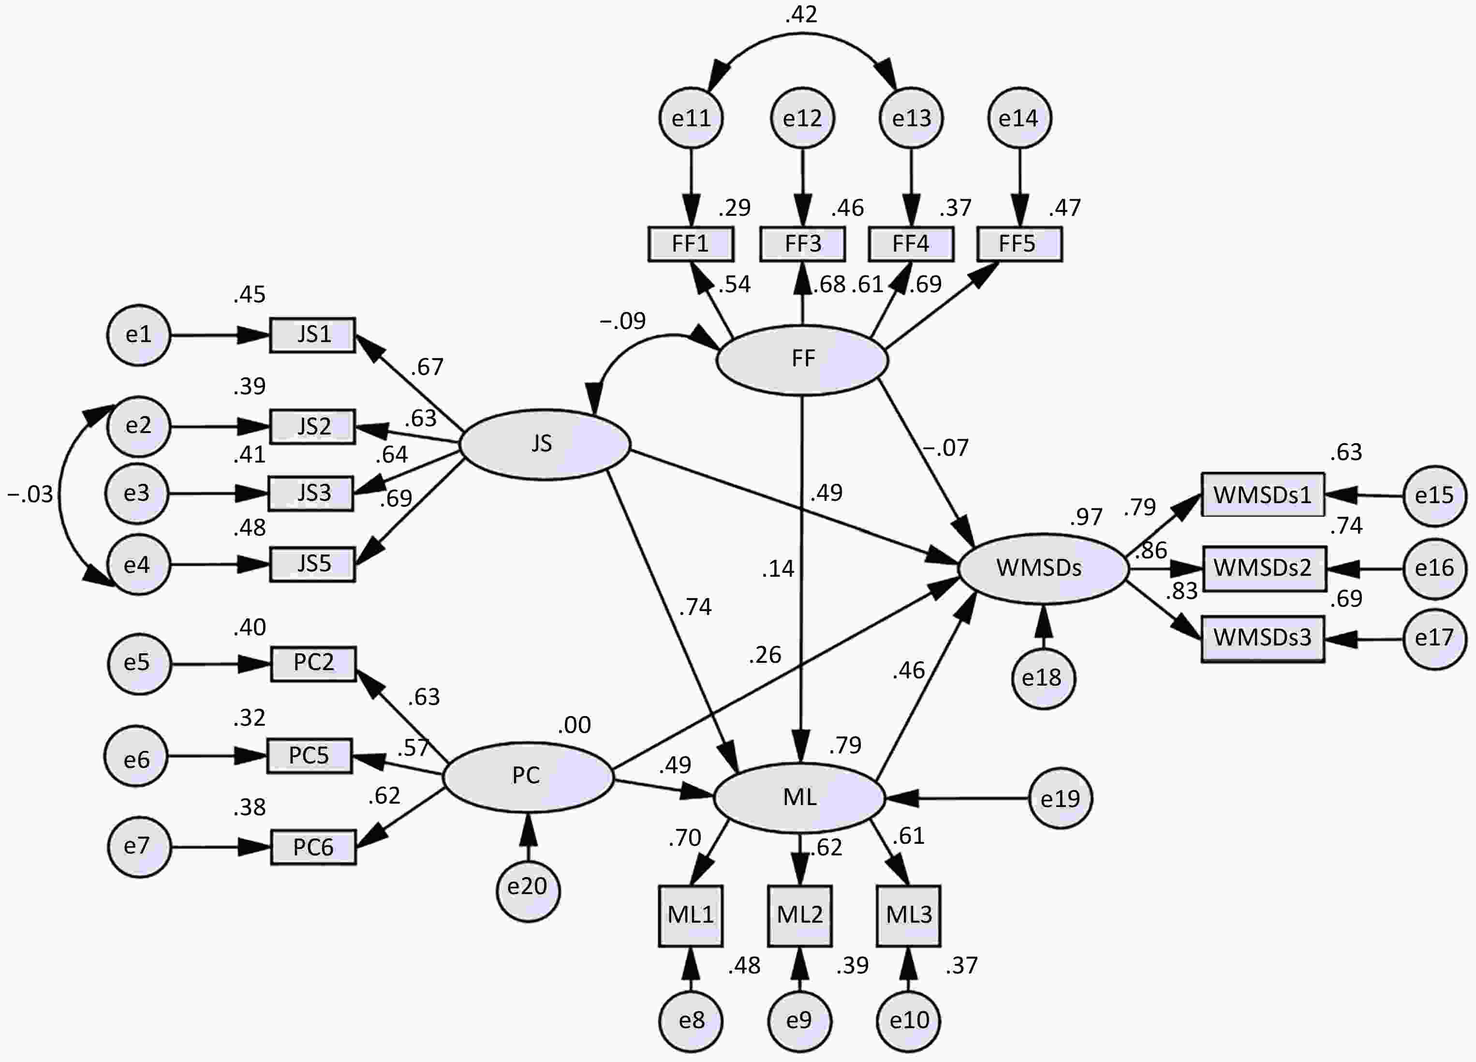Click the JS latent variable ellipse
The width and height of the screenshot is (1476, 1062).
pyautogui.click(x=545, y=445)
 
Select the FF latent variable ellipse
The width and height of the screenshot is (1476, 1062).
pyautogui.click(x=802, y=359)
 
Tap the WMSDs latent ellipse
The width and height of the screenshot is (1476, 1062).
pyautogui.click(x=1043, y=568)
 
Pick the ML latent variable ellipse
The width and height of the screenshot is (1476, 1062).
pyautogui.click(x=799, y=797)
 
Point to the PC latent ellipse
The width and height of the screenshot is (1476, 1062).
pyautogui.click(x=528, y=777)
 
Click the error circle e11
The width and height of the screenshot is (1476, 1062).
pyautogui.click(x=691, y=119)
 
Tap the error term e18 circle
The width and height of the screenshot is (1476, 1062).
pyautogui.click(x=1043, y=678)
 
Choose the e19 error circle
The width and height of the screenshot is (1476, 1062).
pyautogui.click(x=1060, y=798)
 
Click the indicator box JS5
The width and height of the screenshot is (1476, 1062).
pyautogui.click(x=312, y=564)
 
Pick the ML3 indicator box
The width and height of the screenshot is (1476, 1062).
pyautogui.click(x=909, y=915)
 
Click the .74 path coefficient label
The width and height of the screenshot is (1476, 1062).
pyautogui.click(x=695, y=607)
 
